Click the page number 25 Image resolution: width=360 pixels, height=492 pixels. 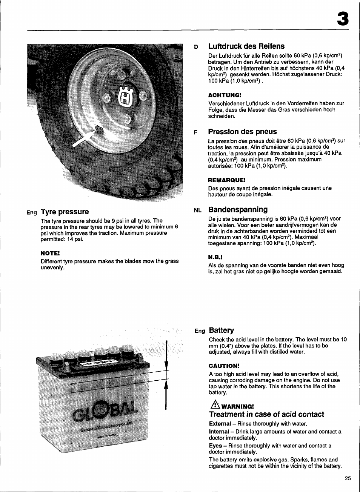click(x=348, y=478)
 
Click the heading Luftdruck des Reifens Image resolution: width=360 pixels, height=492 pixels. click(x=246, y=46)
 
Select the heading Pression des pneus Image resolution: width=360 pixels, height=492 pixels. click(x=242, y=132)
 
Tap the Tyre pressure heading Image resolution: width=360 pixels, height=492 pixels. click(x=65, y=212)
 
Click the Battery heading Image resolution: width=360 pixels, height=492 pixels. click(x=221, y=331)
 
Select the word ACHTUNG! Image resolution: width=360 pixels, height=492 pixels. click(x=225, y=94)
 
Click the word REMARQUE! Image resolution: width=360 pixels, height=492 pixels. click(x=226, y=180)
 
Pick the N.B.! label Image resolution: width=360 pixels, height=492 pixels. click(x=215, y=257)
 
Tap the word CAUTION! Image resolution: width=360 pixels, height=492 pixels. click(x=224, y=366)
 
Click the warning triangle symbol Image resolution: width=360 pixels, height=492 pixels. click(x=212, y=406)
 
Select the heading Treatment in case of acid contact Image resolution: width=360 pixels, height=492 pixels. click(x=266, y=414)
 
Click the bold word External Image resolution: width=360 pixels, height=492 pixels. click(x=220, y=423)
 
